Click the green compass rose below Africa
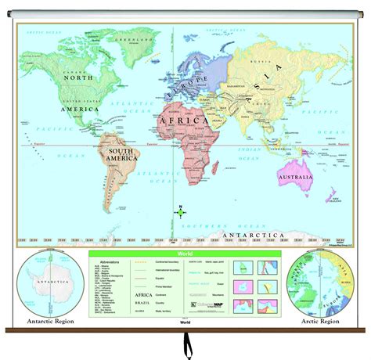click(x=180, y=211)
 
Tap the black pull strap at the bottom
click(x=186, y=344)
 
